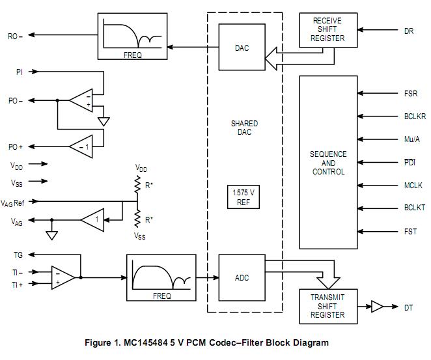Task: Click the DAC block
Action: pyautogui.click(x=242, y=48)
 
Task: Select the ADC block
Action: pyautogui.click(x=242, y=278)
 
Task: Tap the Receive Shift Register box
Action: pyautogui.click(x=327, y=30)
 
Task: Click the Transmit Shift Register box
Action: pyautogui.click(x=327, y=306)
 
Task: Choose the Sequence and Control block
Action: pyautogui.click(x=329, y=163)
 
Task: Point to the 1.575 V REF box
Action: pyautogui.click(x=244, y=197)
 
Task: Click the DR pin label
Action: pyautogui.click(x=408, y=30)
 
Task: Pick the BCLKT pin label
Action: pyautogui.click(x=414, y=208)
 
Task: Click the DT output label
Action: pyautogui.click(x=408, y=307)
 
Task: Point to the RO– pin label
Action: pyautogui.click(x=15, y=36)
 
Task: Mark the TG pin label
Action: pyautogui.click(x=18, y=255)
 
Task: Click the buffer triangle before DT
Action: pyautogui.click(x=378, y=307)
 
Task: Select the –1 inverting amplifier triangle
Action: pyautogui.click(x=81, y=147)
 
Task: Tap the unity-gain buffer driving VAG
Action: pyautogui.click(x=92, y=220)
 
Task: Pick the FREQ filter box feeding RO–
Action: pyautogui.click(x=133, y=36)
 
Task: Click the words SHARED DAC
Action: pyautogui.click(x=244, y=128)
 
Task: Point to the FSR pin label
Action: pyautogui.click(x=410, y=94)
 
